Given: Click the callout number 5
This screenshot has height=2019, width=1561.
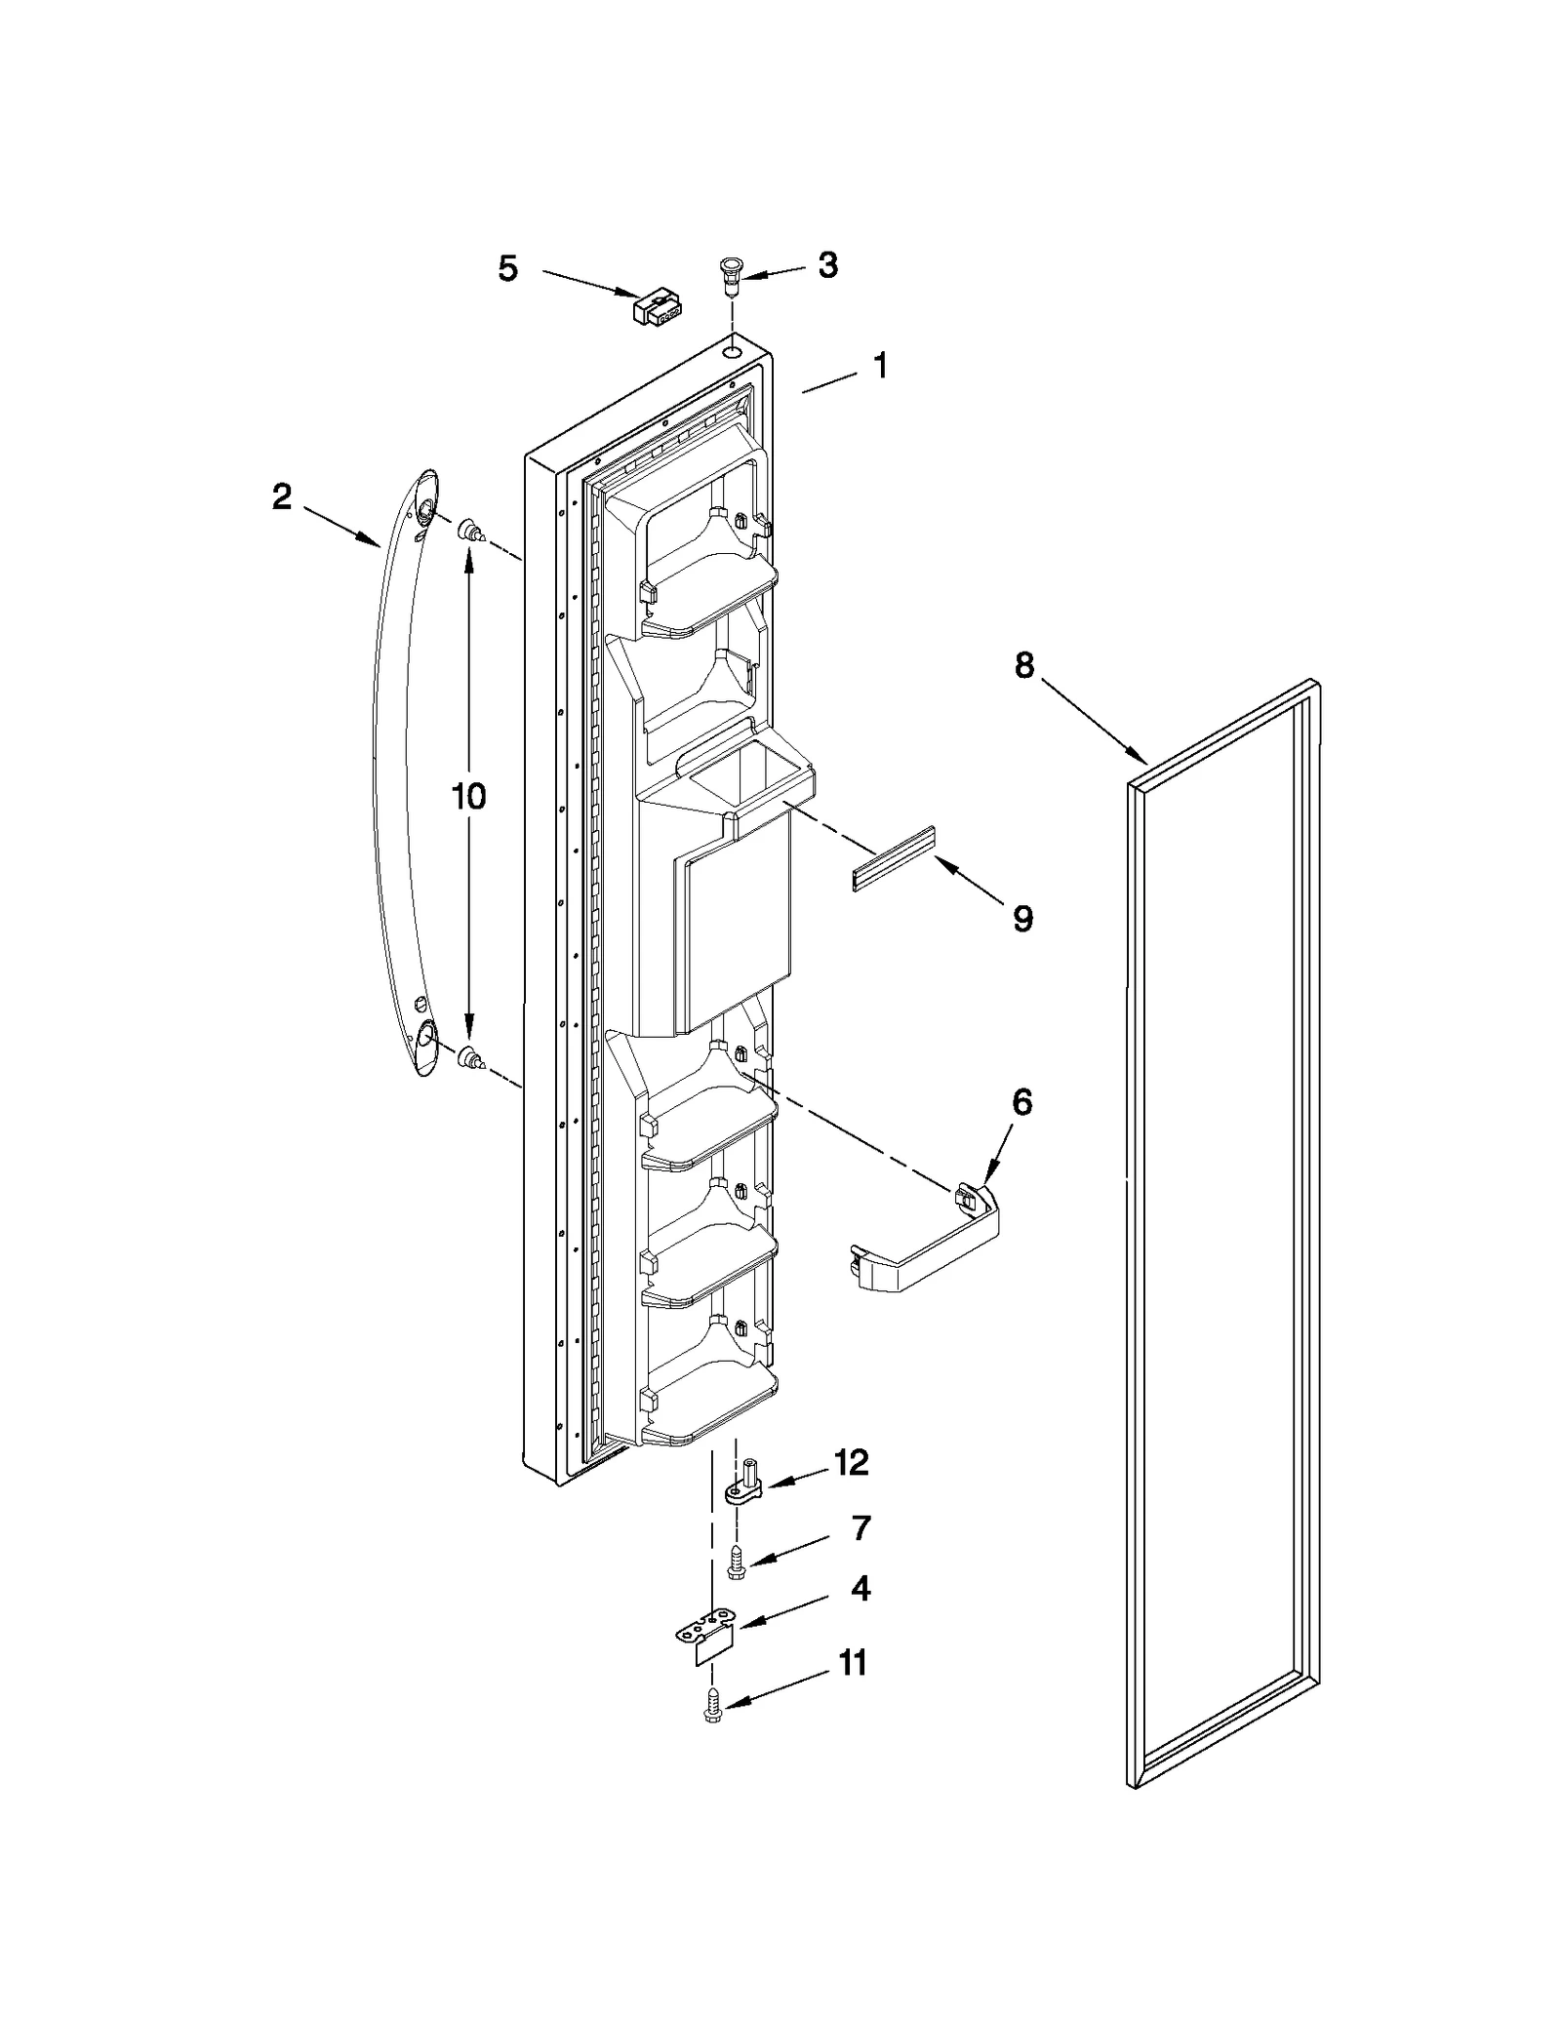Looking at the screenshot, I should click(x=507, y=269).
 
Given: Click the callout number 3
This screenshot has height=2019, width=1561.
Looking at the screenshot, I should click(x=827, y=265).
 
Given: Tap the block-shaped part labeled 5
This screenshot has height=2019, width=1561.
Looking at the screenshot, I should click(x=657, y=307).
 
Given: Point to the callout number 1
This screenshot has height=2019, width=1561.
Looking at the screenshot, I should click(x=880, y=367).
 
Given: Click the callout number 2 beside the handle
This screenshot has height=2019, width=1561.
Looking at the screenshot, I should click(x=281, y=497).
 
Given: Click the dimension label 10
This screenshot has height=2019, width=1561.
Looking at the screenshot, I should click(x=468, y=797).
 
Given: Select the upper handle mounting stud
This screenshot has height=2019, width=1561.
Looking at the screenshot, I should click(x=471, y=532).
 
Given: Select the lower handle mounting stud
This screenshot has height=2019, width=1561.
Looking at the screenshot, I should click(x=471, y=1056).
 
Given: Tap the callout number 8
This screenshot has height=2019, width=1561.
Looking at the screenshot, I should click(x=1023, y=666).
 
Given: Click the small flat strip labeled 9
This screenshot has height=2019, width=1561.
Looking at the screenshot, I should click(x=892, y=859).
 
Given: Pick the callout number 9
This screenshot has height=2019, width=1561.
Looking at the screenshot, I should click(x=1022, y=918).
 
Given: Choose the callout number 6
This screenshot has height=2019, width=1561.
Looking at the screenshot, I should click(x=1021, y=1102).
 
